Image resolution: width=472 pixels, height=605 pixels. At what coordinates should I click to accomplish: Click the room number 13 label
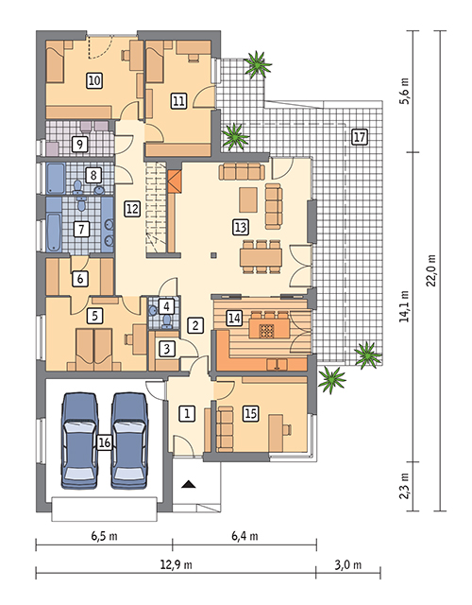pos(240,227)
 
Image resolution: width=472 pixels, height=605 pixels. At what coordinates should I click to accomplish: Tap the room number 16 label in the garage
pos(104,442)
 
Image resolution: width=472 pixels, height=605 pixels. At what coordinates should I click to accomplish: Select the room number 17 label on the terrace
pos(359,137)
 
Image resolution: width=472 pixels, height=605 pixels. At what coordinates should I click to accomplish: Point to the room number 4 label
pos(166,306)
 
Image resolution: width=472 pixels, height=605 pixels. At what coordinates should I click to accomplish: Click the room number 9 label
pos(79,145)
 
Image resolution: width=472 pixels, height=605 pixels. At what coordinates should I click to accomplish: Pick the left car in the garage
pos(79,441)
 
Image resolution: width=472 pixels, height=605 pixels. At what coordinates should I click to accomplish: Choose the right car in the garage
pos(129,441)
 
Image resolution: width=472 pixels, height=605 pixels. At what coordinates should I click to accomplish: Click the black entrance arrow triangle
pos(189,484)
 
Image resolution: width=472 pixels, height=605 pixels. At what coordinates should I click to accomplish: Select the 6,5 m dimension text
pos(105,536)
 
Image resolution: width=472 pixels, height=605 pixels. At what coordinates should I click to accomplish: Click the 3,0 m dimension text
pos(348,565)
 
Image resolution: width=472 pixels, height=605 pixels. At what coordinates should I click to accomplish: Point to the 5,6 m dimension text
pos(405,91)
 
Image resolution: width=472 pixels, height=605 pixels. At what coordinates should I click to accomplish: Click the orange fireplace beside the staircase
pos(174,182)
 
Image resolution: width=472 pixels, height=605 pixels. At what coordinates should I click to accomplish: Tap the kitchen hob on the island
pos(266,331)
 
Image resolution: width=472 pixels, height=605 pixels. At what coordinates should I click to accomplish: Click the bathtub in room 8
pos(55,179)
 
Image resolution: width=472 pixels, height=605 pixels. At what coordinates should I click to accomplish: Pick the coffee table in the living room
pos(248,199)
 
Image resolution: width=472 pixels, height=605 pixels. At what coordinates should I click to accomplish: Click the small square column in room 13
pos(213,254)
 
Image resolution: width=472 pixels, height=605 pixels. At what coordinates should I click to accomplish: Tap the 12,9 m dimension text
pos(177,565)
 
